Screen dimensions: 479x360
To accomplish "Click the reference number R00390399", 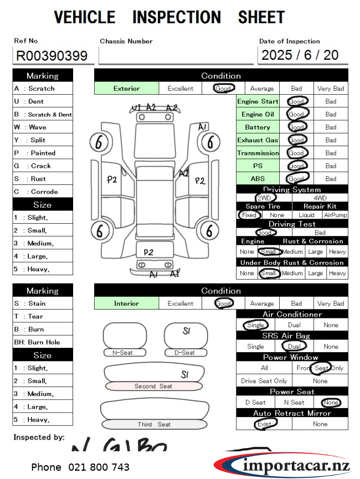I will click(52, 56).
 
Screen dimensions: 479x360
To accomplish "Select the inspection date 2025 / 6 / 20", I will click(300, 55).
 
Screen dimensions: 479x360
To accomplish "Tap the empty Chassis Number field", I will click(176, 55).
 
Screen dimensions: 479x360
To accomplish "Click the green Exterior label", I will click(127, 88).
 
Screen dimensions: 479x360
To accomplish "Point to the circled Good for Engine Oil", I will click(297, 114).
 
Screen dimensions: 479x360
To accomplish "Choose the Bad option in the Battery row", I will click(331, 127).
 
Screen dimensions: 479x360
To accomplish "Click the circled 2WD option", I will click(264, 198).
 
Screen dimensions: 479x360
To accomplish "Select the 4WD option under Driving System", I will click(320, 198).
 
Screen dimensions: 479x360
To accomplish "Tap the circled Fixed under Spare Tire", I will click(249, 215).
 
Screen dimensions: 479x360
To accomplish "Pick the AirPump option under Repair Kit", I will click(335, 215).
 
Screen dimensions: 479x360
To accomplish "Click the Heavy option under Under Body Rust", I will click(337, 273).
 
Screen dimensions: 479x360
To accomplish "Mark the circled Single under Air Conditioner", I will click(255, 325).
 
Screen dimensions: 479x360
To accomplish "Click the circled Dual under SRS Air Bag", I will click(294, 347).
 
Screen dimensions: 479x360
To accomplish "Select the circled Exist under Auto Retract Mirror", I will click(264, 424).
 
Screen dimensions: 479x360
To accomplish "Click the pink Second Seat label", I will click(153, 386).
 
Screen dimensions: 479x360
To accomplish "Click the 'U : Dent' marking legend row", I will click(43, 101).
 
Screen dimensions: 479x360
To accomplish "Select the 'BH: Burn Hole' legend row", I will click(43, 342).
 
